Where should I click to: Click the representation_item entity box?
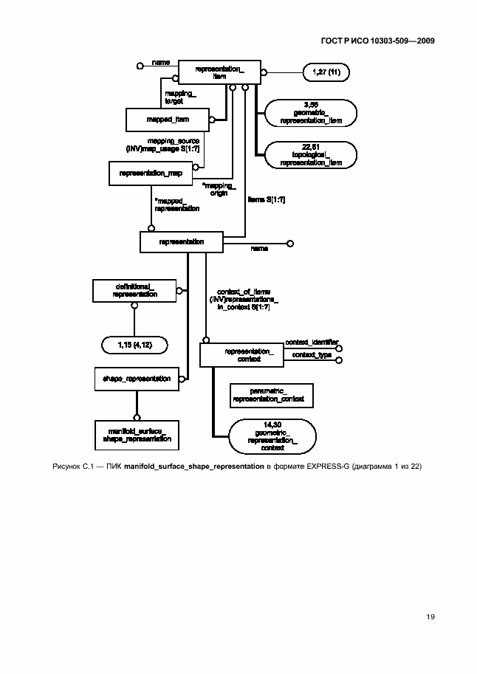pyautogui.click(x=219, y=72)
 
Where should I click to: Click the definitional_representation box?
pyautogui.click(x=134, y=290)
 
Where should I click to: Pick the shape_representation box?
pyautogui.click(x=137, y=379)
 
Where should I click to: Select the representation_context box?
pyautogui.click(x=241, y=355)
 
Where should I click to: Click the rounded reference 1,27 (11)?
pyautogui.click(x=325, y=72)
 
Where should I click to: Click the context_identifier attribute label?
pyautogui.click(x=312, y=343)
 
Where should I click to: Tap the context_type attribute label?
pyautogui.click(x=311, y=355)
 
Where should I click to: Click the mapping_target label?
pyautogui.click(x=180, y=97)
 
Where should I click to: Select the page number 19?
pyautogui.click(x=429, y=616)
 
